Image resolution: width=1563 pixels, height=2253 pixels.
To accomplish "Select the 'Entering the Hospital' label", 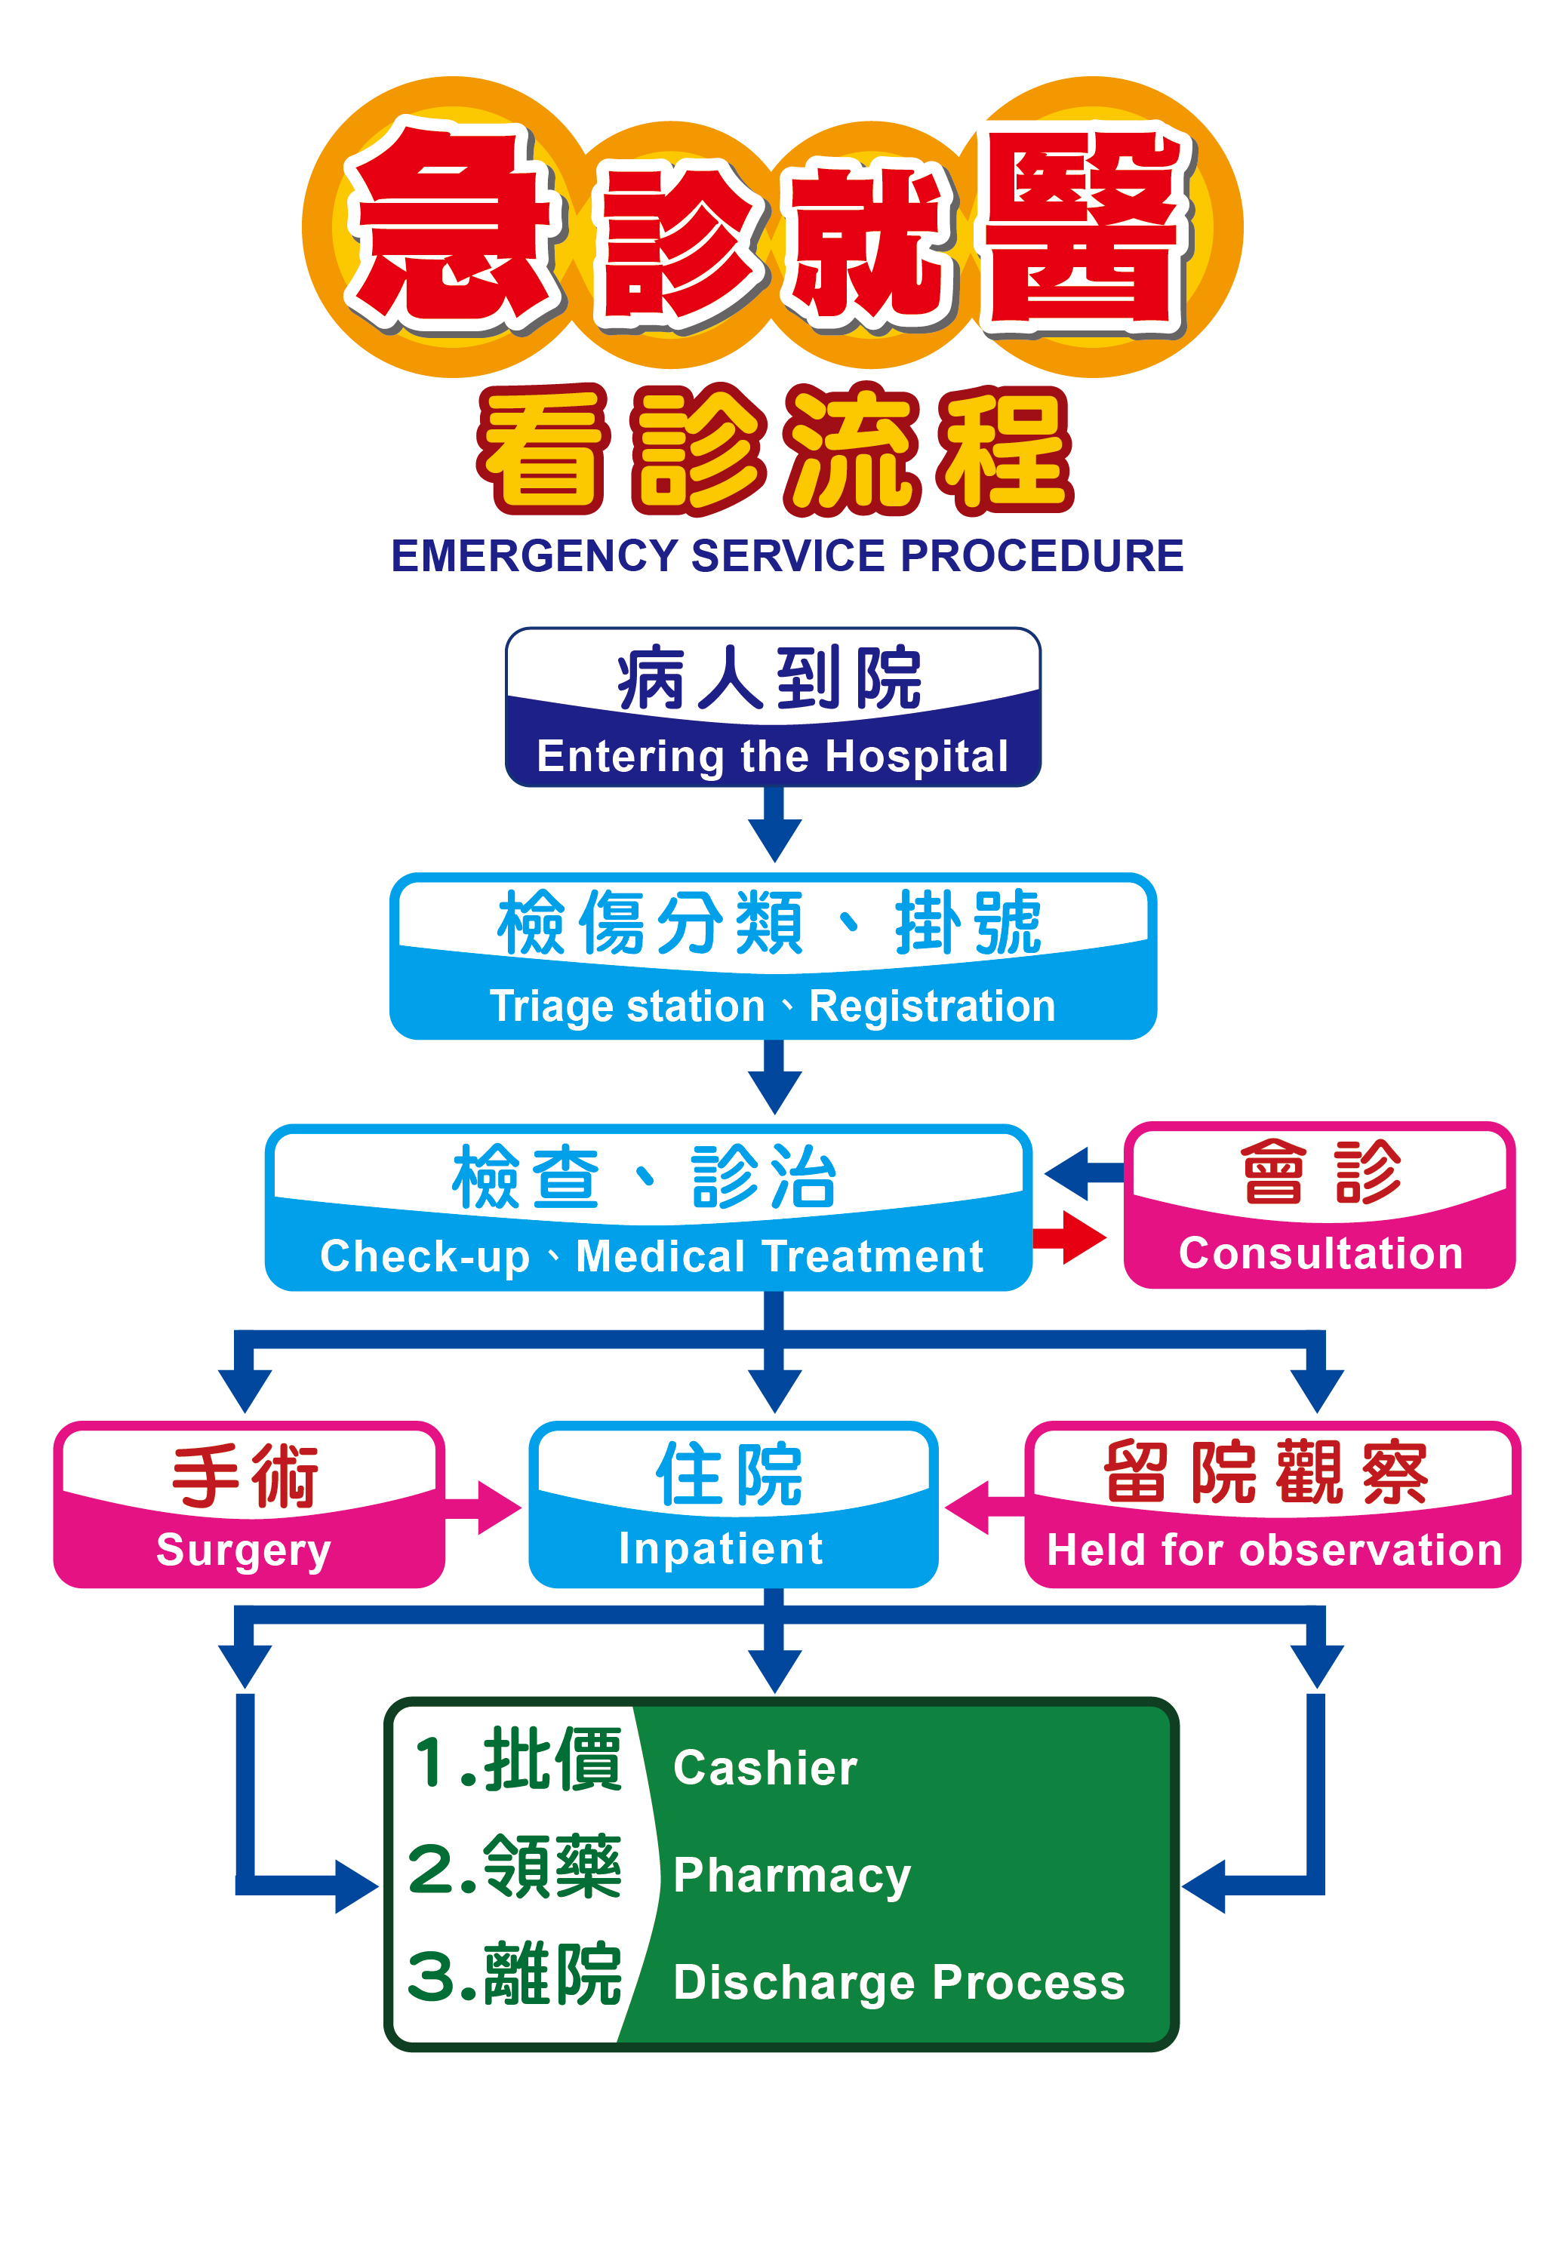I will coord(773,756).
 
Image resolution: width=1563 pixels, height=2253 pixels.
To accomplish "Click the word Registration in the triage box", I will coord(932,1007).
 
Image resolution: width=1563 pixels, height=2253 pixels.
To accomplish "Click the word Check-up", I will coord(424,1256).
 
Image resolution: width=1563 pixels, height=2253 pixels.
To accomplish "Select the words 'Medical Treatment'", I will coord(780,1256).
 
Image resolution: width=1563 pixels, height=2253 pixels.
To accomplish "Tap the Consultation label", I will coord(1320,1253).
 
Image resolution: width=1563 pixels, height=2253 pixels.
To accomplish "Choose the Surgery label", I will coord(244,1550).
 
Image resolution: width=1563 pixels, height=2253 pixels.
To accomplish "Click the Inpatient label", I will coord(721,1548).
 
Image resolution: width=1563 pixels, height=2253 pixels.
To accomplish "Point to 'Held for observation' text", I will coord(1274,1550).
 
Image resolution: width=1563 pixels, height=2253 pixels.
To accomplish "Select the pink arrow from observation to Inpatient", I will coord(980,1508).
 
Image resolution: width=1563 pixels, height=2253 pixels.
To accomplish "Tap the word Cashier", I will coord(765,1767).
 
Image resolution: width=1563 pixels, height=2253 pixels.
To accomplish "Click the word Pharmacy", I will coord(791,1875).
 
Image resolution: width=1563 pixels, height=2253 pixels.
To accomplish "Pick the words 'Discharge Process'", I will coord(899,1982).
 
